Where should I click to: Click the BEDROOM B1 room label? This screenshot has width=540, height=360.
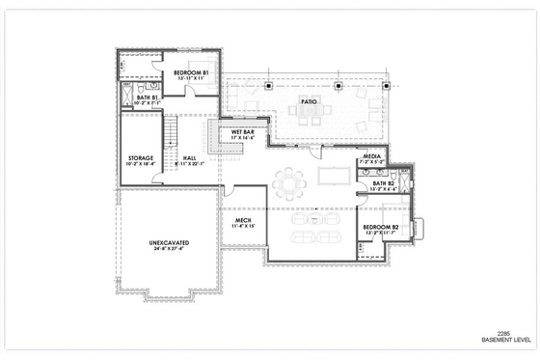point(192,73)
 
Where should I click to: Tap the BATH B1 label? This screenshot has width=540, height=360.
point(147,97)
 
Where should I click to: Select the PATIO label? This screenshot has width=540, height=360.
point(309,100)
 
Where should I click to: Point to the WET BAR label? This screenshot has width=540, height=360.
point(242,132)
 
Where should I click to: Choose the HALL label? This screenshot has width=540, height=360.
point(189,157)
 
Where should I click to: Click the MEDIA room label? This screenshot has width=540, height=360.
point(371,156)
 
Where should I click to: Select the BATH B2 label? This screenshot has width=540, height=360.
point(383,182)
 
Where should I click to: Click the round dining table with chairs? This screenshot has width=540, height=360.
point(288,180)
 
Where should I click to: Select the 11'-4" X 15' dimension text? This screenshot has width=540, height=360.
point(244,227)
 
